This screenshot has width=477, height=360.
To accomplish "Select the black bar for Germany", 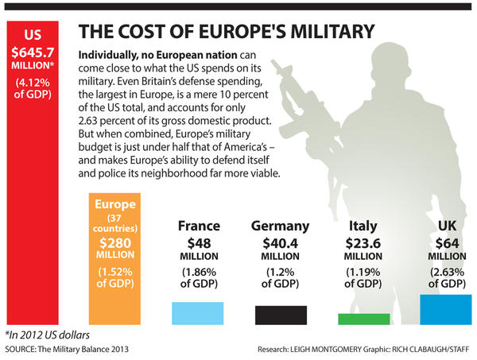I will click(281, 315).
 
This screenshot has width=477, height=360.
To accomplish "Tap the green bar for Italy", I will click(363, 319).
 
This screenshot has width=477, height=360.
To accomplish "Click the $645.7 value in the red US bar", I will click(34, 52).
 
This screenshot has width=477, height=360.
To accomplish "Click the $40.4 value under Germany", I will click(281, 242).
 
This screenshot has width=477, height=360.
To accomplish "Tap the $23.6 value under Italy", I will click(363, 242).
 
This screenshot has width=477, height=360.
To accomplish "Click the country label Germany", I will click(281, 226).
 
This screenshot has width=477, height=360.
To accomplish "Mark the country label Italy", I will click(363, 226).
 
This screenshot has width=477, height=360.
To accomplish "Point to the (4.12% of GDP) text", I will click(34, 90).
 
